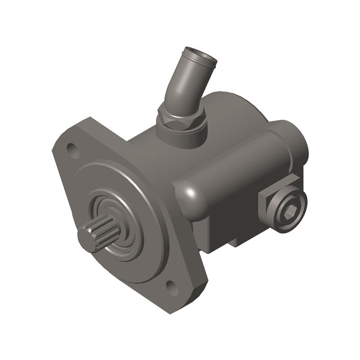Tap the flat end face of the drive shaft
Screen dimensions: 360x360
(87, 239)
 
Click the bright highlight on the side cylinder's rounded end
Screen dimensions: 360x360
(189, 193)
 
